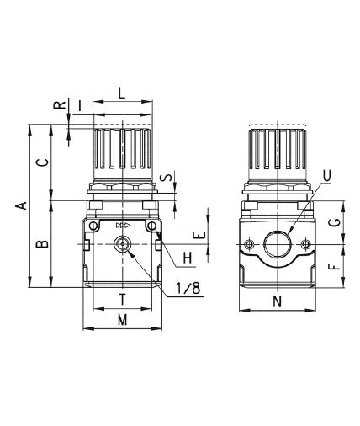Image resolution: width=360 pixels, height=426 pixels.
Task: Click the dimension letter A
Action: pos(22,205)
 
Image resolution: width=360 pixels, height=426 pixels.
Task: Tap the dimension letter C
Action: pos(43,162)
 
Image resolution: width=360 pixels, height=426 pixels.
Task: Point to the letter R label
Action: pos(60,105)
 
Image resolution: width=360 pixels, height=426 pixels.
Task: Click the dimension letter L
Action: pos(121,93)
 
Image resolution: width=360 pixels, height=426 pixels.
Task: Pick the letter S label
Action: pos(167,178)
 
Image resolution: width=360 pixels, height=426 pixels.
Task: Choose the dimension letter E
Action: pos(200,236)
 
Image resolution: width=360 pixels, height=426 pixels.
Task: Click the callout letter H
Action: pos(188,258)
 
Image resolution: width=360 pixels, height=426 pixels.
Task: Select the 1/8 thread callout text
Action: pos(188,288)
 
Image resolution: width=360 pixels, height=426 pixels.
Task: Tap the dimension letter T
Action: pos(122,300)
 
